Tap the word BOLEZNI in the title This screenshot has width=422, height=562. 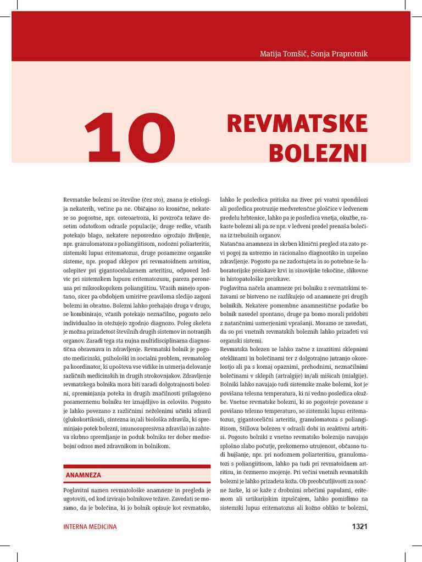point(318,153)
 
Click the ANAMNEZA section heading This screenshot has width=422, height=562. point(83,475)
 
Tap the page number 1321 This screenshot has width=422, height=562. point(359,526)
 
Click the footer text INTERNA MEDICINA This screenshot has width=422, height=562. point(90,526)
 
